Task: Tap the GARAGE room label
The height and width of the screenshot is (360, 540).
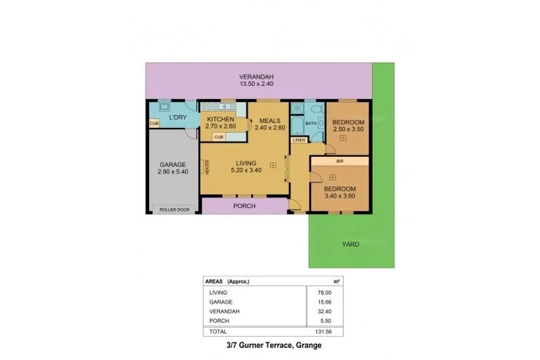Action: (172, 165)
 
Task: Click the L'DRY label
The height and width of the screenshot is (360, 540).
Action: (178, 117)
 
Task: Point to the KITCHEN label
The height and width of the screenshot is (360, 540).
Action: (220, 120)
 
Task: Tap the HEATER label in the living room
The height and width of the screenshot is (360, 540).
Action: (207, 167)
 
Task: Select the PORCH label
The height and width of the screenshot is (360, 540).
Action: (244, 206)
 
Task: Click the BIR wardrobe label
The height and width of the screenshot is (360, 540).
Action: (339, 161)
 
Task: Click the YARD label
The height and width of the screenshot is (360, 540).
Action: (350, 244)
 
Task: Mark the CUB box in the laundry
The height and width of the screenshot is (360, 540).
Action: (153, 124)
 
